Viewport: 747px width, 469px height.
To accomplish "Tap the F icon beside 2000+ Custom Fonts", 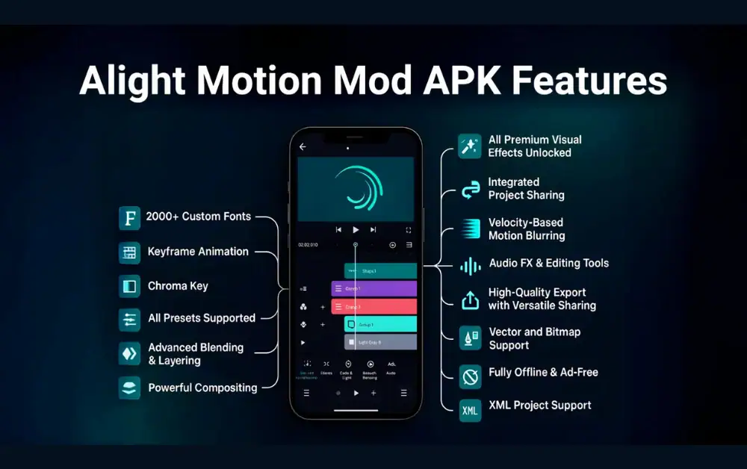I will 129,218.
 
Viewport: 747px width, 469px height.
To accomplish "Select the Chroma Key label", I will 178,286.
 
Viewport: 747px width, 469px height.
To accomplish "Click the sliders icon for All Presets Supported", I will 129,320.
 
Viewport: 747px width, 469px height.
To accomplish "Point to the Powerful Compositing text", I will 202,388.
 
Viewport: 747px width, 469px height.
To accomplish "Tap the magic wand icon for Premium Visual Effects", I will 470,146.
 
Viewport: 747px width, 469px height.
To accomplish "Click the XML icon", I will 470,410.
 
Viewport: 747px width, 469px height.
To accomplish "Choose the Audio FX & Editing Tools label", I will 548,263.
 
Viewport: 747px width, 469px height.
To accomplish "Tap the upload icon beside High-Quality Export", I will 470,299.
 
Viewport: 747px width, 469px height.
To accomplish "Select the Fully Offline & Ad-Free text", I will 543,372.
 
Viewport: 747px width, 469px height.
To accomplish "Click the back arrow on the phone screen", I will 303,147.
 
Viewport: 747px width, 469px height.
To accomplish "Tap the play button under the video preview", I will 356,230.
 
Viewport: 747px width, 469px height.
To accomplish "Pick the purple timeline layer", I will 373,288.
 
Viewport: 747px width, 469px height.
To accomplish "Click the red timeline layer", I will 373,306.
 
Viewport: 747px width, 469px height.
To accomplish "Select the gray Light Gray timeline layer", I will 380,342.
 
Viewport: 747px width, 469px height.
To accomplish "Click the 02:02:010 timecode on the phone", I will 308,245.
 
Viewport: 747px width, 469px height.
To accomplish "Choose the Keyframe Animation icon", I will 129,252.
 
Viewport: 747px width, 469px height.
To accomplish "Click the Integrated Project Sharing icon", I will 470,190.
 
